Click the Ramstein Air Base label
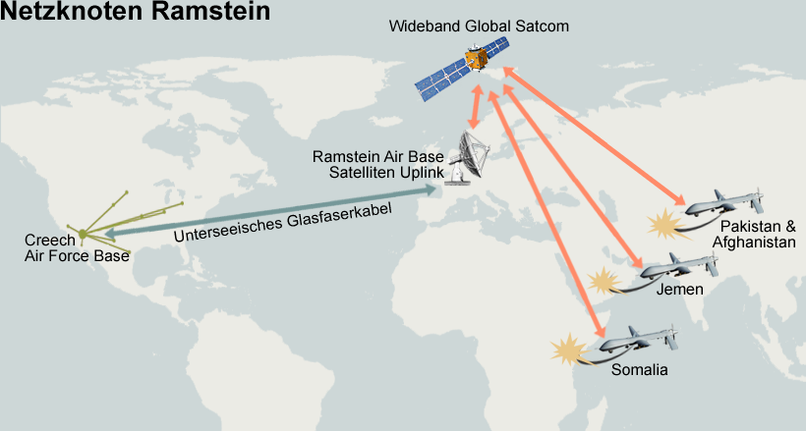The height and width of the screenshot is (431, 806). tap(377, 157)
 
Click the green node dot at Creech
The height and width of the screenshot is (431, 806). tap(84, 234)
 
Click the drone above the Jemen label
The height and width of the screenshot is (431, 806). tap(677, 264)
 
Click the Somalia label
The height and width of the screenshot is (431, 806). tap(639, 370)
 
